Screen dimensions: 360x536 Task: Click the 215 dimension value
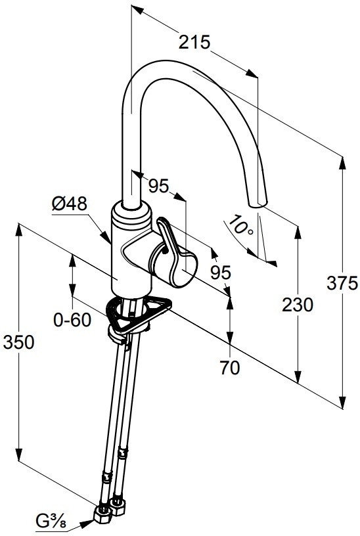point(194,43)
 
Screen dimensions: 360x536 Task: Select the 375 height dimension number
point(342,283)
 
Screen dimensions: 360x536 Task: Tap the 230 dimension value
point(298,305)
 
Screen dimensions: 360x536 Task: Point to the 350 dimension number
point(19,342)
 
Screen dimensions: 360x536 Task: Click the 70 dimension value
point(230,368)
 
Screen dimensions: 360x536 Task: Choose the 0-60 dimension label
point(72,320)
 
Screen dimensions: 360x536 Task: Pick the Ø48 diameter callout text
point(70,204)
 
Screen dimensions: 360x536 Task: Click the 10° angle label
point(241,225)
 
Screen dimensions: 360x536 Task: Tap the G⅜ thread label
point(51,522)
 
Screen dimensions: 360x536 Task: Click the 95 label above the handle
point(158,186)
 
